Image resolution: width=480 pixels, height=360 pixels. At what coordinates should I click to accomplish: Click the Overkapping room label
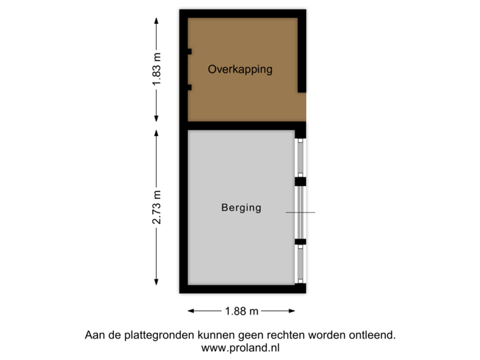[240, 69]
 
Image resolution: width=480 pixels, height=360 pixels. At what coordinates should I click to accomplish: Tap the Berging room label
[241, 207]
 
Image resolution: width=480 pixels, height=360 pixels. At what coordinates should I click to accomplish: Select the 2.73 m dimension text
[156, 208]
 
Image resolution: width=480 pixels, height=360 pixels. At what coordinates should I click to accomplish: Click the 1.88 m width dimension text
[241, 311]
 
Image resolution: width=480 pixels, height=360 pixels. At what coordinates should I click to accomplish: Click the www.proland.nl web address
[240, 347]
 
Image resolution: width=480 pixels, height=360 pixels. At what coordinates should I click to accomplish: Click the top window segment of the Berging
[301, 157]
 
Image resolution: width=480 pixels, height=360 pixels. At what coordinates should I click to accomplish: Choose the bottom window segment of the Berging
[301, 262]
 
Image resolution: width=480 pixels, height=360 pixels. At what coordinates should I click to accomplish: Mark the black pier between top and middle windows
[301, 181]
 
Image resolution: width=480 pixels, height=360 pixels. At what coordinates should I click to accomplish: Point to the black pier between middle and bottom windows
[301, 241]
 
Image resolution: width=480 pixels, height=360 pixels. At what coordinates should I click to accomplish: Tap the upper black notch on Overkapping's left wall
[189, 52]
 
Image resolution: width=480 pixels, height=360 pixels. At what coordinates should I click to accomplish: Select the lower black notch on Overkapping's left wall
[189, 87]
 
